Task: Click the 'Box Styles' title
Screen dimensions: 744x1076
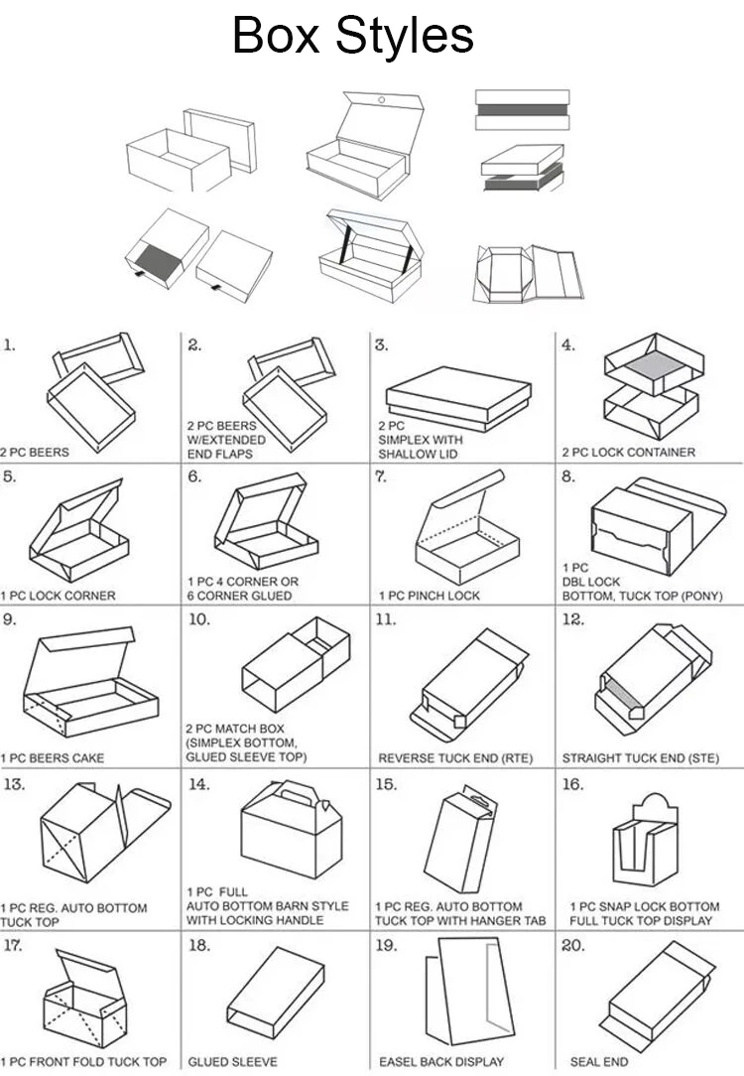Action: coord(352,35)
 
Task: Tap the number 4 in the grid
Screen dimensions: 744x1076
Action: coord(567,345)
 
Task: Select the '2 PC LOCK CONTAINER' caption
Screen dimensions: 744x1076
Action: coord(628,453)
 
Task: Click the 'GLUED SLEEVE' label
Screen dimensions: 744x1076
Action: coord(233,1062)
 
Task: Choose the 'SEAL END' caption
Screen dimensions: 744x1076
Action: coord(598,1062)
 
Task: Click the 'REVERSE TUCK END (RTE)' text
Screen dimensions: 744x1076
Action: coord(455,758)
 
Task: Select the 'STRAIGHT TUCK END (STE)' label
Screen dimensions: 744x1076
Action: coord(642,758)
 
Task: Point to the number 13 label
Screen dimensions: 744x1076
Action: coord(14,784)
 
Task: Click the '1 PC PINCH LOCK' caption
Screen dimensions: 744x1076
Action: coord(429,596)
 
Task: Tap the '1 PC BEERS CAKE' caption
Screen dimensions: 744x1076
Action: coord(52,758)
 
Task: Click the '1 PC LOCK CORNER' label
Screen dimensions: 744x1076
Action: coord(58,596)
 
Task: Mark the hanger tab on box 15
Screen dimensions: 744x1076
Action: coord(479,797)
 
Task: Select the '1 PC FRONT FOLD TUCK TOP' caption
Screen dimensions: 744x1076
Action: coord(83,1062)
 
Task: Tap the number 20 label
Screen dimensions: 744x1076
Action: coord(572,945)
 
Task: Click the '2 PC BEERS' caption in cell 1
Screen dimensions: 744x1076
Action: coord(35,453)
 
